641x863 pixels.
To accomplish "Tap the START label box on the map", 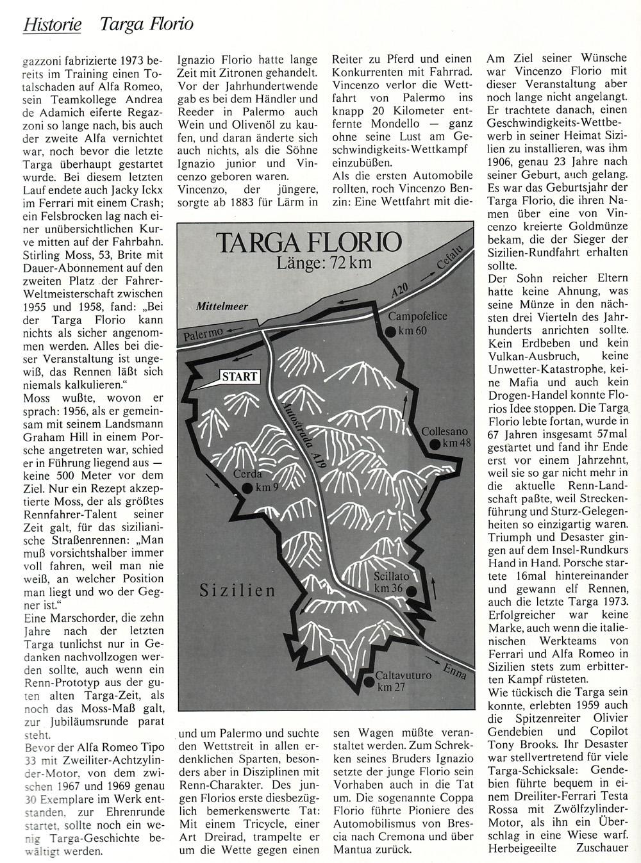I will [x=238, y=377].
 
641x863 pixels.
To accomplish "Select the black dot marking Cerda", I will [x=246, y=488].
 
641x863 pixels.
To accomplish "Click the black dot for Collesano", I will [x=435, y=444].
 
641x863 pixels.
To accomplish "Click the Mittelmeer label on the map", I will [x=222, y=307].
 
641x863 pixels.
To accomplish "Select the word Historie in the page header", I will [x=52, y=24].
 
